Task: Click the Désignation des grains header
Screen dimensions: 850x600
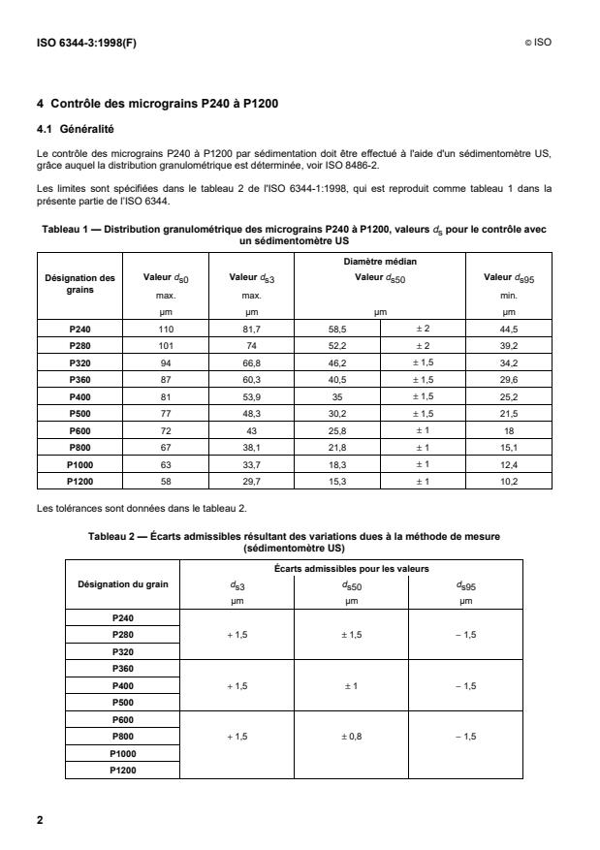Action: point(80,284)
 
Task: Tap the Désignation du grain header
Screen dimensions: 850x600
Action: point(124,582)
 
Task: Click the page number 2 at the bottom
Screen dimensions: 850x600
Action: point(40,821)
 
